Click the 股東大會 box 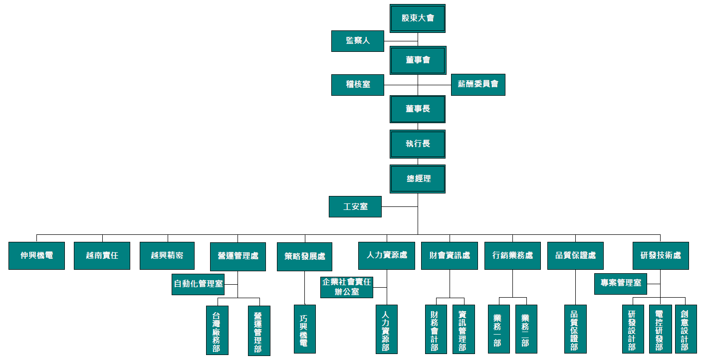point(418,18)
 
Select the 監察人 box point(357,41)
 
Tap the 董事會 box point(418,60)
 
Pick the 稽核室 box point(357,85)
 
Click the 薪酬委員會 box point(477,85)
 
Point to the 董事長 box point(418,109)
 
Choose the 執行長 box point(418,144)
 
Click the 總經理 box point(418,179)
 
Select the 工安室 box point(355,206)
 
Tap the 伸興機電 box point(36,256)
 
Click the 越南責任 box point(102,256)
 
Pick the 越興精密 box point(167,256)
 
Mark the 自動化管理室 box point(198,284)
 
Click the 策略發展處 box point(304,256)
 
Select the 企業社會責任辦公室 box point(346,287)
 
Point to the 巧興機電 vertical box point(304,329)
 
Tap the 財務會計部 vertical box point(436,329)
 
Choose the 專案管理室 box point(620,283)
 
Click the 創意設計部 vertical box point(685,329)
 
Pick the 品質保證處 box point(575,256)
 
